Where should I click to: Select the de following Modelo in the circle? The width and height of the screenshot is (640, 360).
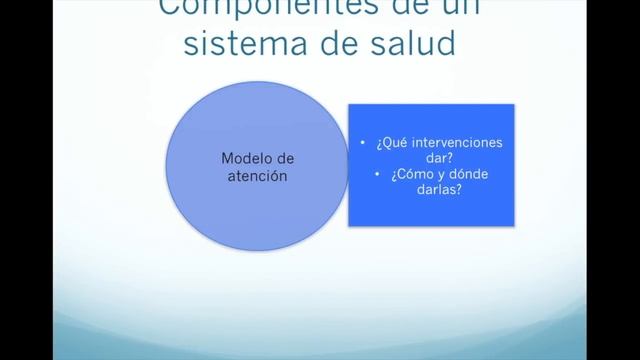pos(282,159)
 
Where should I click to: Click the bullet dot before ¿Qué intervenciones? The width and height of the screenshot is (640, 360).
pos(361,144)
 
